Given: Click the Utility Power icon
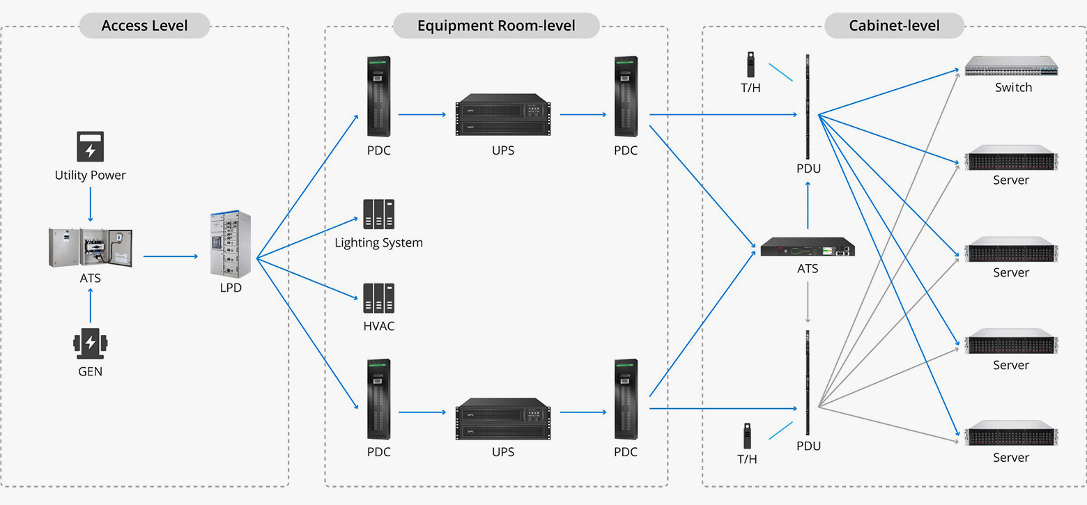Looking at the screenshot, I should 90,146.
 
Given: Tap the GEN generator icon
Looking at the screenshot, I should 90,343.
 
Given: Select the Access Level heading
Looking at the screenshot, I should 144,26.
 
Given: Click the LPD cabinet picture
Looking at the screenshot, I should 230,244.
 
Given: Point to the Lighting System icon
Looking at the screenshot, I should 378,215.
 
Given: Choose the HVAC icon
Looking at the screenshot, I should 378,298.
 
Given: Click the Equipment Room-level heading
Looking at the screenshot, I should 496,26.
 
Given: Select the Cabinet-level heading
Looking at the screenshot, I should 894,26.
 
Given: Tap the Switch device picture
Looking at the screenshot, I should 1010,67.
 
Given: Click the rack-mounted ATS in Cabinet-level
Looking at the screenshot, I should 808,247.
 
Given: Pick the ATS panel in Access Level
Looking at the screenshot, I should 90,247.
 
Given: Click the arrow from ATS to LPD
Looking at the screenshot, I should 171,256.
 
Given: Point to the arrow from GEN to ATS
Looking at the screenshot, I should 90,306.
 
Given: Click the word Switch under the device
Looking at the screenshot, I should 1013,88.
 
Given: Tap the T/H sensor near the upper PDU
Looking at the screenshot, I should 751,64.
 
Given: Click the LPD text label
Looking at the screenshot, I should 230,287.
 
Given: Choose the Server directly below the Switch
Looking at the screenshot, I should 1010,158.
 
